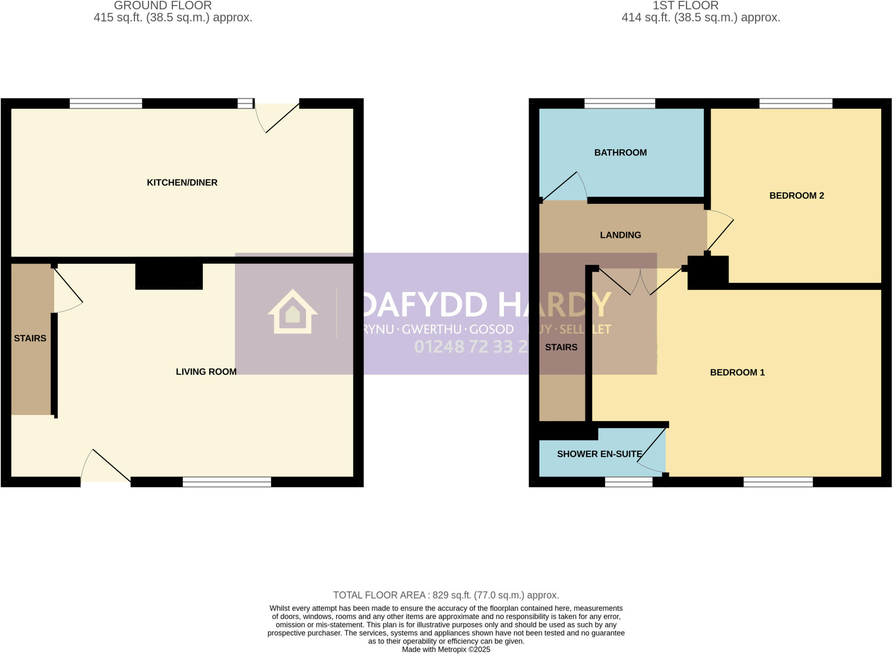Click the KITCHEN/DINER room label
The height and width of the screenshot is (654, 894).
tap(182, 183)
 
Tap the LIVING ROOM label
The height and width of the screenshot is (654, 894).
tap(206, 372)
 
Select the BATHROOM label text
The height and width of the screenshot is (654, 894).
tap(620, 153)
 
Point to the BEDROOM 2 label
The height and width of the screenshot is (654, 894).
tap(797, 196)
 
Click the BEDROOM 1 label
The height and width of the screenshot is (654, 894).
tap(737, 373)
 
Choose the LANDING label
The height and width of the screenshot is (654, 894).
tap(620, 235)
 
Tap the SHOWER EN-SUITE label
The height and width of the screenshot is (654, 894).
tap(599, 454)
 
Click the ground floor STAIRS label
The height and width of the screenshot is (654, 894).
tap(30, 339)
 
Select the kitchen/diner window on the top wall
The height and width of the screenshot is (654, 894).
tap(106, 103)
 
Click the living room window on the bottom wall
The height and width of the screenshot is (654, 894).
tap(227, 482)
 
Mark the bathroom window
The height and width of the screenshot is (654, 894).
tap(620, 103)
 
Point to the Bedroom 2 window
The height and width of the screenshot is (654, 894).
tap(796, 103)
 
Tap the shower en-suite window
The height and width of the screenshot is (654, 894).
tap(629, 482)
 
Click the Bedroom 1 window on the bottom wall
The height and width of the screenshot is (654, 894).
tap(778, 482)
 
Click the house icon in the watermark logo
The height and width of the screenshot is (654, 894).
tap(292, 312)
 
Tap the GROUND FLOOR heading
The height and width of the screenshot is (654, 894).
tap(163, 6)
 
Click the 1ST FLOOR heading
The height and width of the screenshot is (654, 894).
tap(685, 6)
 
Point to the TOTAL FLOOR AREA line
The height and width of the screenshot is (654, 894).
tap(446, 595)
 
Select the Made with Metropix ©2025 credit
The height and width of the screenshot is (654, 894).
tap(446, 650)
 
